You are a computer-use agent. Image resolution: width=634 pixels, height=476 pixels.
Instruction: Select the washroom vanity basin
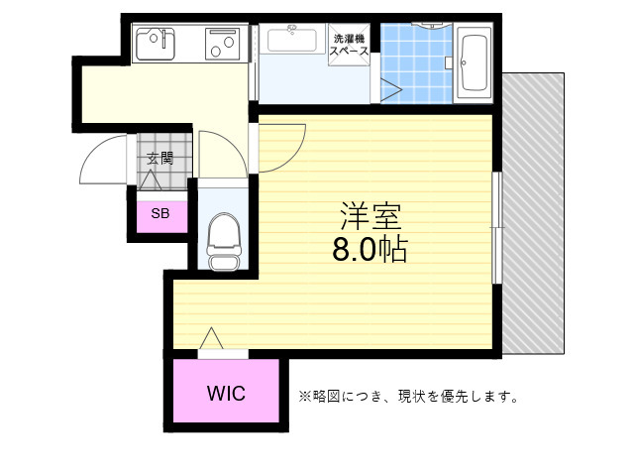point(292,42)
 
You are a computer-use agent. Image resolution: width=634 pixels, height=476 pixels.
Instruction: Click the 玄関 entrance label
point(159,158)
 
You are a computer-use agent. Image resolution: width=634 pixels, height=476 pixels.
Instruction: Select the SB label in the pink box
point(159,212)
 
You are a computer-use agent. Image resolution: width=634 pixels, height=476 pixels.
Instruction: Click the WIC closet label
point(227,392)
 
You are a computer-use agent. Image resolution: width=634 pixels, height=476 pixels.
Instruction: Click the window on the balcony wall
point(497,228)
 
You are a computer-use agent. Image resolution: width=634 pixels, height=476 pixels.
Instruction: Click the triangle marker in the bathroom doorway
point(389,90)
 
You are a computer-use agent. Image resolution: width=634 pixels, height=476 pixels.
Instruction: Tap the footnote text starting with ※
point(409,397)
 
